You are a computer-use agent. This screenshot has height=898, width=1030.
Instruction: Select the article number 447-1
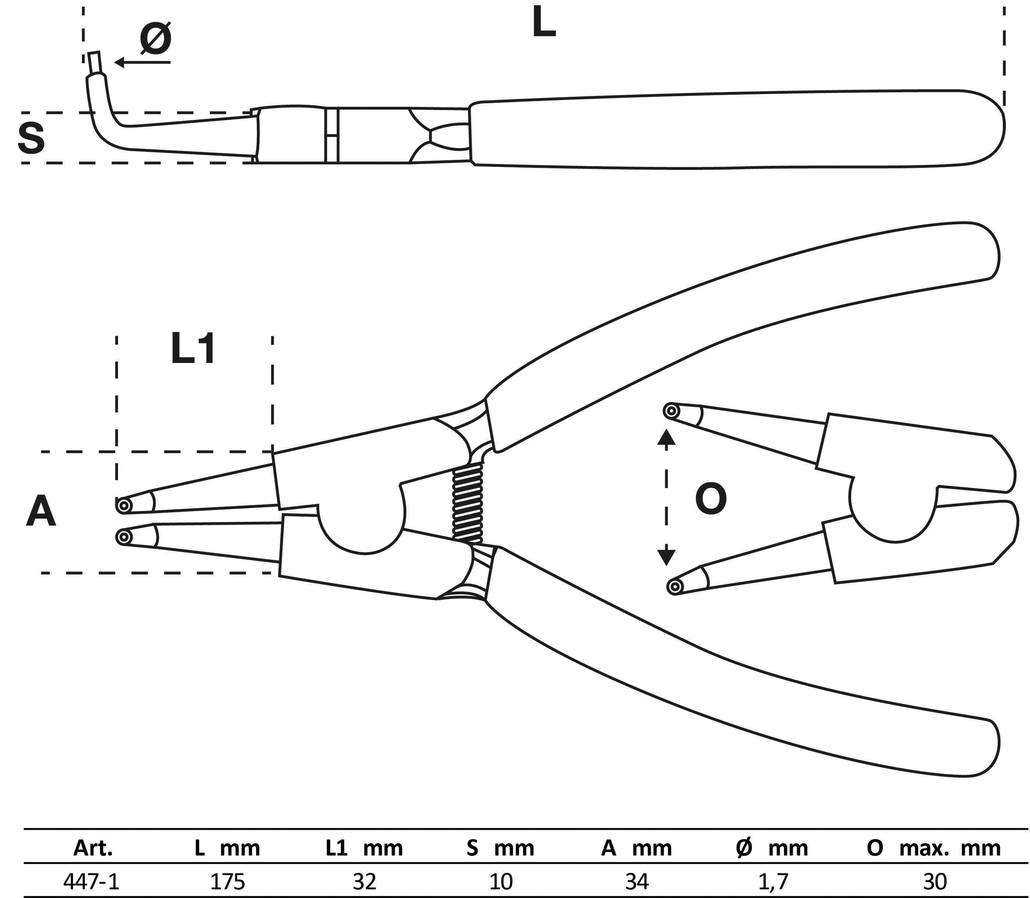coord(92,881)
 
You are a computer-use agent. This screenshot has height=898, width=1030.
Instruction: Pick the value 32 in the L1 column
coord(365,881)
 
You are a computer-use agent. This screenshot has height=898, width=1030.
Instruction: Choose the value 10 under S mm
coord(501,881)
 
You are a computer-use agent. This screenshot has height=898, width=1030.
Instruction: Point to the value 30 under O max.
coord(933,881)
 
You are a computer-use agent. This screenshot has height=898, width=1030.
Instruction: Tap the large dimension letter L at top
coord(544,22)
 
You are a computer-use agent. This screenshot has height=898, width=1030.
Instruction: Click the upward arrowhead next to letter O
coord(666,438)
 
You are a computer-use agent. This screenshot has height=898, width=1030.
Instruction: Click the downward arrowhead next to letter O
coord(666,557)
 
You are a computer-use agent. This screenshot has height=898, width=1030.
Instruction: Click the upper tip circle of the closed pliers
coord(123,505)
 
